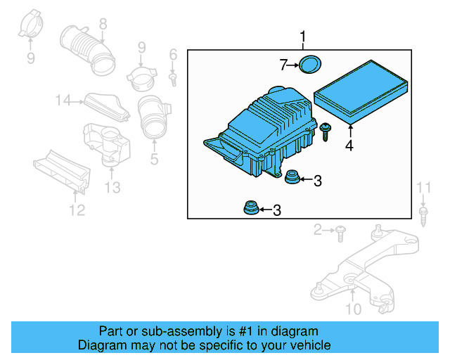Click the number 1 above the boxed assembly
coord(303,37)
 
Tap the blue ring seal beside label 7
coord(309,64)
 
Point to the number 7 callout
coord(283,65)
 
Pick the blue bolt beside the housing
coord(326,132)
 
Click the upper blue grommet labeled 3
coord(290,178)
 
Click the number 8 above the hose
coord(103,24)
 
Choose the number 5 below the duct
coord(154,159)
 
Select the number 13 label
coord(112,187)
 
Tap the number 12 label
coord(76,210)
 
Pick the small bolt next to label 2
coord(340,230)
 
